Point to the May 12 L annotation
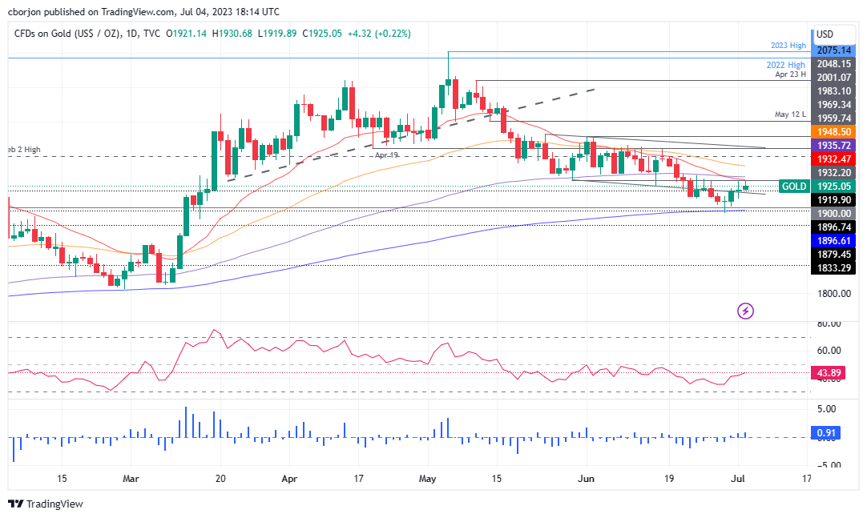pyautogui.click(x=790, y=113)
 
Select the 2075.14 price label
pyautogui.click(x=834, y=50)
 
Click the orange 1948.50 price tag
pyautogui.click(x=834, y=131)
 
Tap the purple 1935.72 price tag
pyautogui.click(x=834, y=145)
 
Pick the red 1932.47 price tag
pyautogui.click(x=834, y=159)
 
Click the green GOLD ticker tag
pyautogui.click(x=793, y=186)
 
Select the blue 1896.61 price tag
pyautogui.click(x=834, y=240)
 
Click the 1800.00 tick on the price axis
pyautogui.click(x=834, y=294)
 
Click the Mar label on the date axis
pyautogui.click(x=132, y=479)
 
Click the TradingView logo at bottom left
pyautogui.click(x=46, y=504)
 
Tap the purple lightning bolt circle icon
pyautogui.click(x=746, y=311)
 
